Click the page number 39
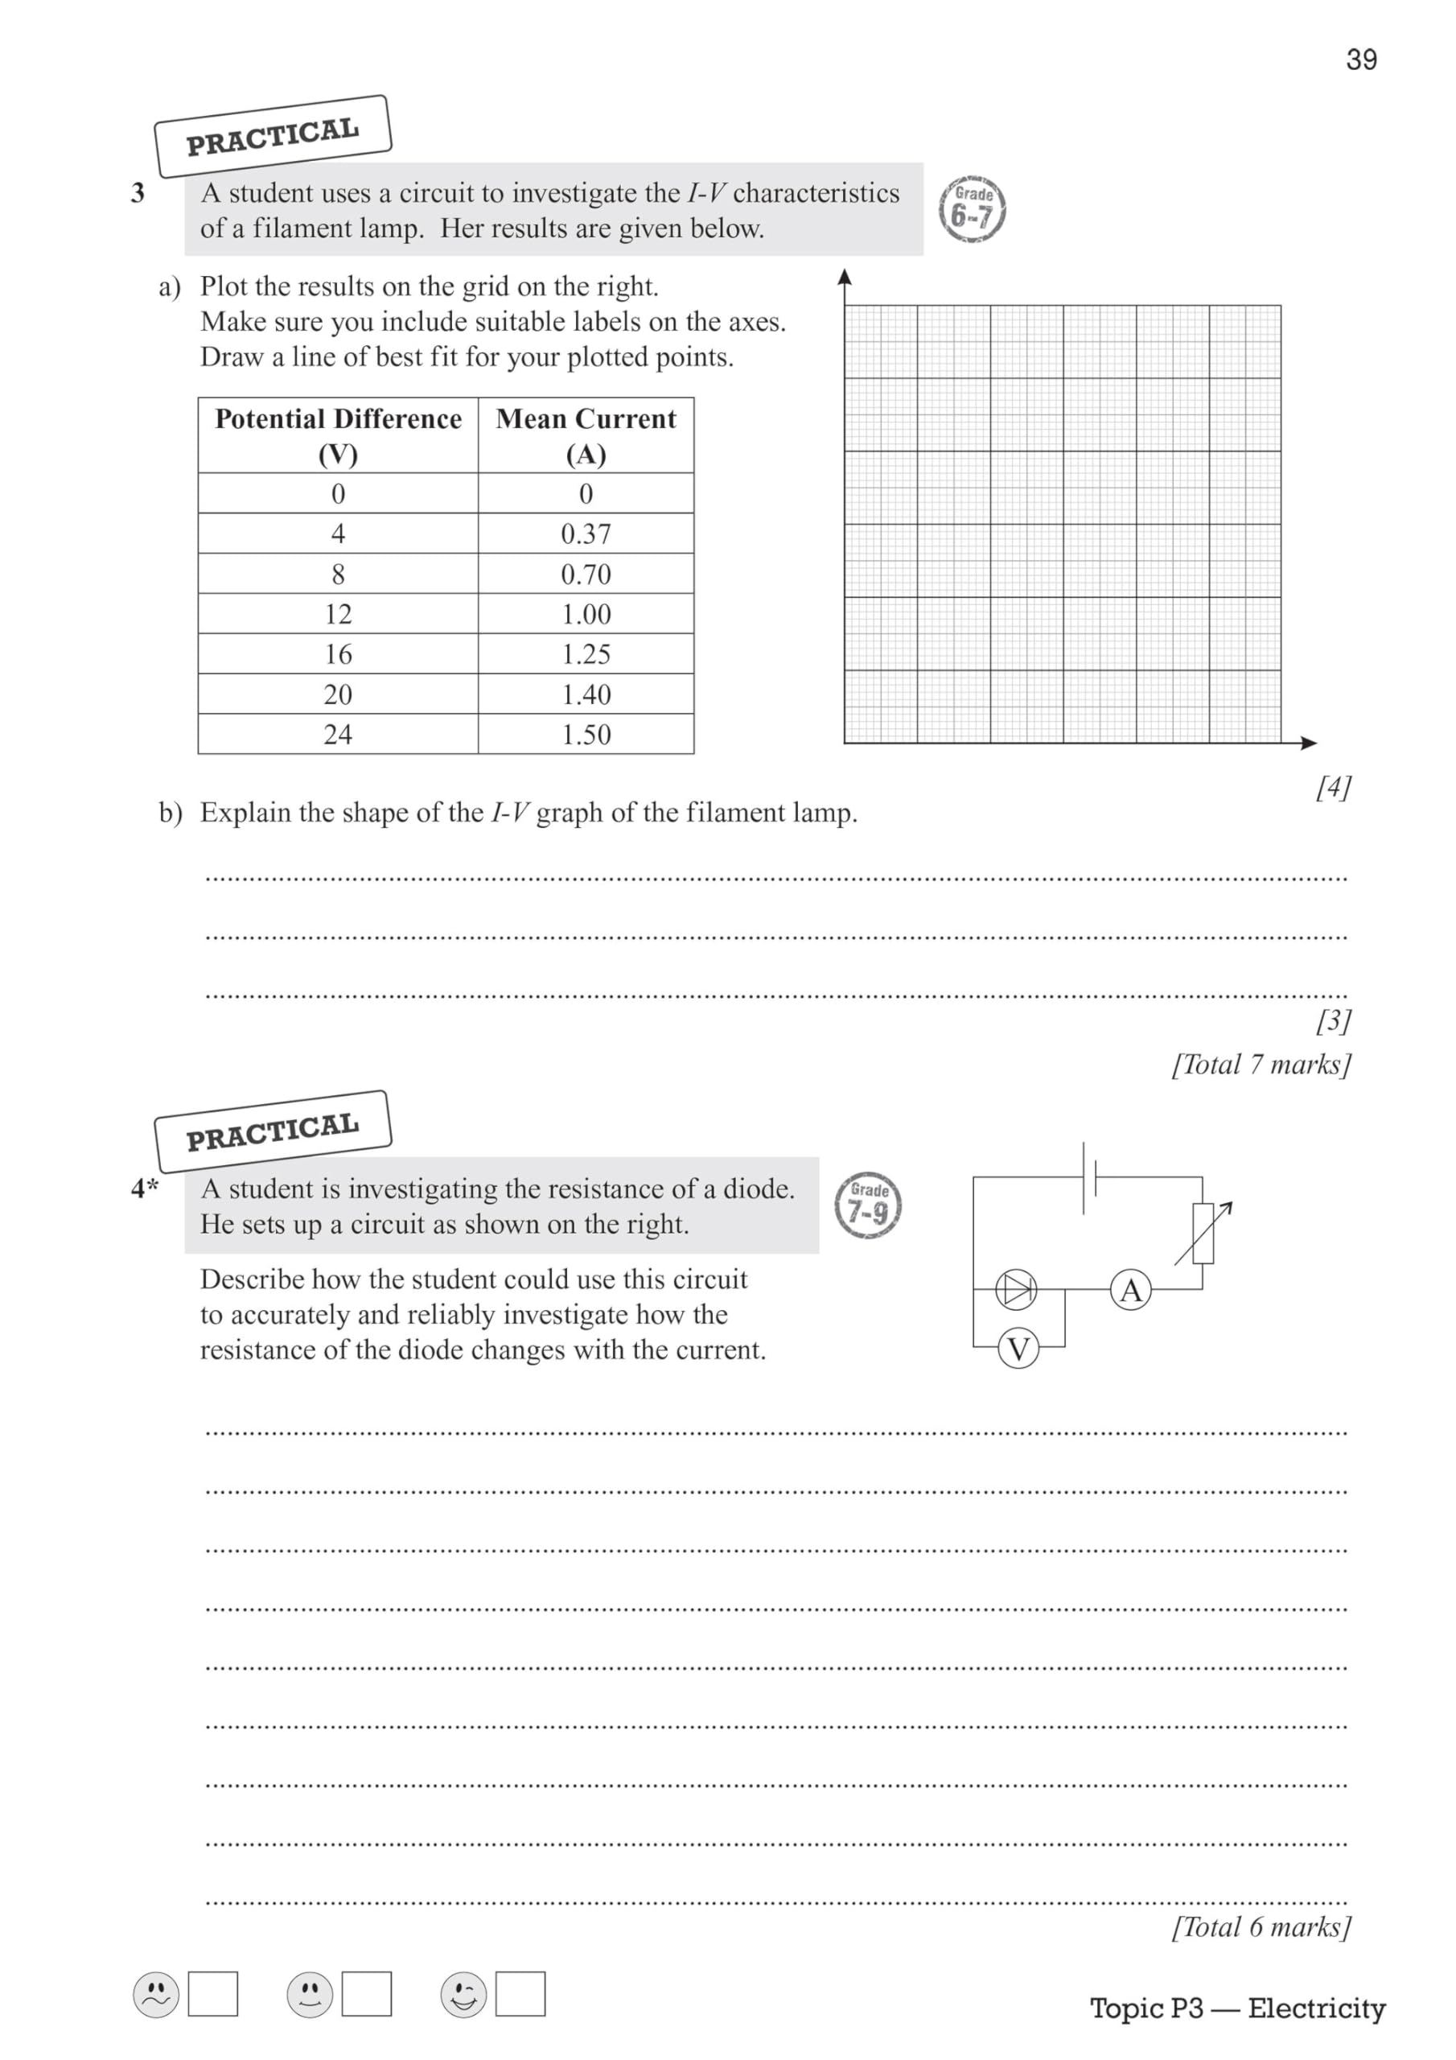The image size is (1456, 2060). pos(1360,60)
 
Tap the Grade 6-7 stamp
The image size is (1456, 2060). pos(972,209)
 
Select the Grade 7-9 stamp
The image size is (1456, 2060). pos(867,1205)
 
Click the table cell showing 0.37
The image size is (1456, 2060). pos(585,534)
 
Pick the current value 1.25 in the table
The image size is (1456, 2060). pos(585,654)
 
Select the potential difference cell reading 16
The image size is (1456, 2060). pos(337,654)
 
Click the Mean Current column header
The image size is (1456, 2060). pos(585,435)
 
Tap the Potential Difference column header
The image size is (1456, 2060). pos(337,435)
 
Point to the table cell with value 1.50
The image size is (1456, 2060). pos(585,734)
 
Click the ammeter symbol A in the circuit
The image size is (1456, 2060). pos(1130,1290)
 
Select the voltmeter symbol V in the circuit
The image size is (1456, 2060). pos(1018,1348)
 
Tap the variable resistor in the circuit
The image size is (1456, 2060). pos(1203,1234)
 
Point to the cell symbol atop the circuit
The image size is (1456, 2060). pos(1089,1177)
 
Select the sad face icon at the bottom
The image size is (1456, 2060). pos(155,1995)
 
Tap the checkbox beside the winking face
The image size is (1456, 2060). pos(520,1993)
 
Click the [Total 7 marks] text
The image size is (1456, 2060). pos(1260,1064)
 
